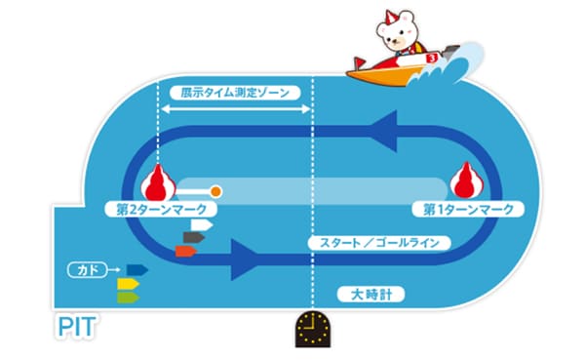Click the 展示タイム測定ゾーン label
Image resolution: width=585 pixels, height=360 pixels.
tap(235, 93)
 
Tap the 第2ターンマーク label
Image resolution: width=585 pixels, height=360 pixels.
tap(161, 210)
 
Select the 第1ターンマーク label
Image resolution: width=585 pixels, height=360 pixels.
tap(468, 210)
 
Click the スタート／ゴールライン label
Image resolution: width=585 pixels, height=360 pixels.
tap(379, 243)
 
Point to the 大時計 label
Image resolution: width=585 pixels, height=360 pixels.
tap(370, 295)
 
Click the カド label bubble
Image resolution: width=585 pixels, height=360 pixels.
tap(88, 270)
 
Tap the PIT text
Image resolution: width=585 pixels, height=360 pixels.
tap(77, 327)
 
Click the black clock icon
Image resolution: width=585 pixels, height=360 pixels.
tap(313, 329)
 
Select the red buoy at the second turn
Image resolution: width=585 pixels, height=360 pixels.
tap(158, 183)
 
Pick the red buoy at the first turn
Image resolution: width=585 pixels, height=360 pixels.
tap(467, 180)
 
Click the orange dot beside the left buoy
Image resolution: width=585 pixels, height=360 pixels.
tap(215, 191)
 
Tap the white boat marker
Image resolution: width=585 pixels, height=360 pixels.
tap(202, 225)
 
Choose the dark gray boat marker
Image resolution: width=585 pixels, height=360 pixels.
tap(194, 237)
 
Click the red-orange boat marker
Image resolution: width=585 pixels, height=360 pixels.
tap(186, 252)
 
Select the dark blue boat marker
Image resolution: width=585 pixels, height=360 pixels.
tap(136, 269)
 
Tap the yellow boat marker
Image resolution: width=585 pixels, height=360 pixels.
tap(129, 284)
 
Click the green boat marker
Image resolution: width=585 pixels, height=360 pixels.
tap(129, 298)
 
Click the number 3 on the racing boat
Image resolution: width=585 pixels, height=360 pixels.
tap(432, 59)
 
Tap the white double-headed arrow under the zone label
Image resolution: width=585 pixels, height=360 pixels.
tap(235, 109)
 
